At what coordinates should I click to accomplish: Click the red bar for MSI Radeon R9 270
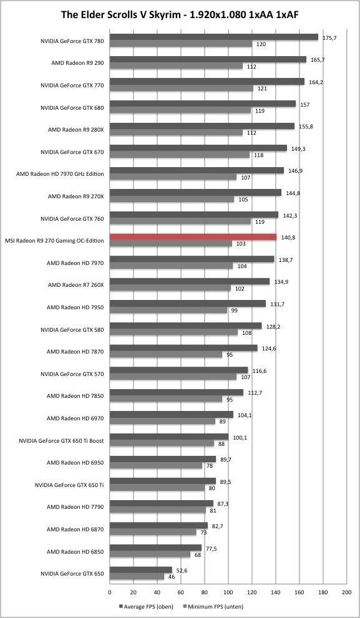tap(193, 237)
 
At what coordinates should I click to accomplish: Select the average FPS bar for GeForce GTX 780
tap(214, 37)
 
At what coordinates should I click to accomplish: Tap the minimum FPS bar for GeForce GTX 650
tap(137, 577)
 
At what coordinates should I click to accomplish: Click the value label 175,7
tap(329, 38)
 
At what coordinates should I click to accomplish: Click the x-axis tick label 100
tap(228, 592)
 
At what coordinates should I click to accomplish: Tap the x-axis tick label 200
tap(347, 592)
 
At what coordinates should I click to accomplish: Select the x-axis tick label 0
tap(110, 592)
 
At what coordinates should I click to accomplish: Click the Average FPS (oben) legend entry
tap(146, 607)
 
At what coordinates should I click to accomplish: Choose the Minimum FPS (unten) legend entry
tap(214, 607)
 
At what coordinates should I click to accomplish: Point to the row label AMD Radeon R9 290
tap(78, 63)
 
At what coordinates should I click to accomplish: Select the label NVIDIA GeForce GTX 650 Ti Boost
tap(62, 441)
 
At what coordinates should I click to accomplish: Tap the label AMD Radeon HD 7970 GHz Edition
tap(61, 174)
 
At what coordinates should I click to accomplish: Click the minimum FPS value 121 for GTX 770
tap(262, 89)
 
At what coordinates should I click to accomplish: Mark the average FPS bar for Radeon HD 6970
tap(172, 415)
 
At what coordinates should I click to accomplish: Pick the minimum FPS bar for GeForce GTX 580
tap(173, 332)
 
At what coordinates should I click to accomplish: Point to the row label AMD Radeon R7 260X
tap(75, 285)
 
